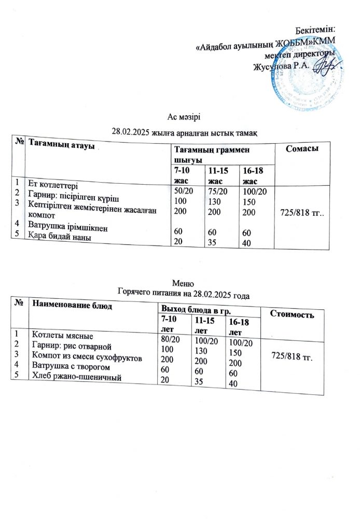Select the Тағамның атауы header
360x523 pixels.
click(62, 143)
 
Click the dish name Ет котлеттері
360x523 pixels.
click(54, 185)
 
